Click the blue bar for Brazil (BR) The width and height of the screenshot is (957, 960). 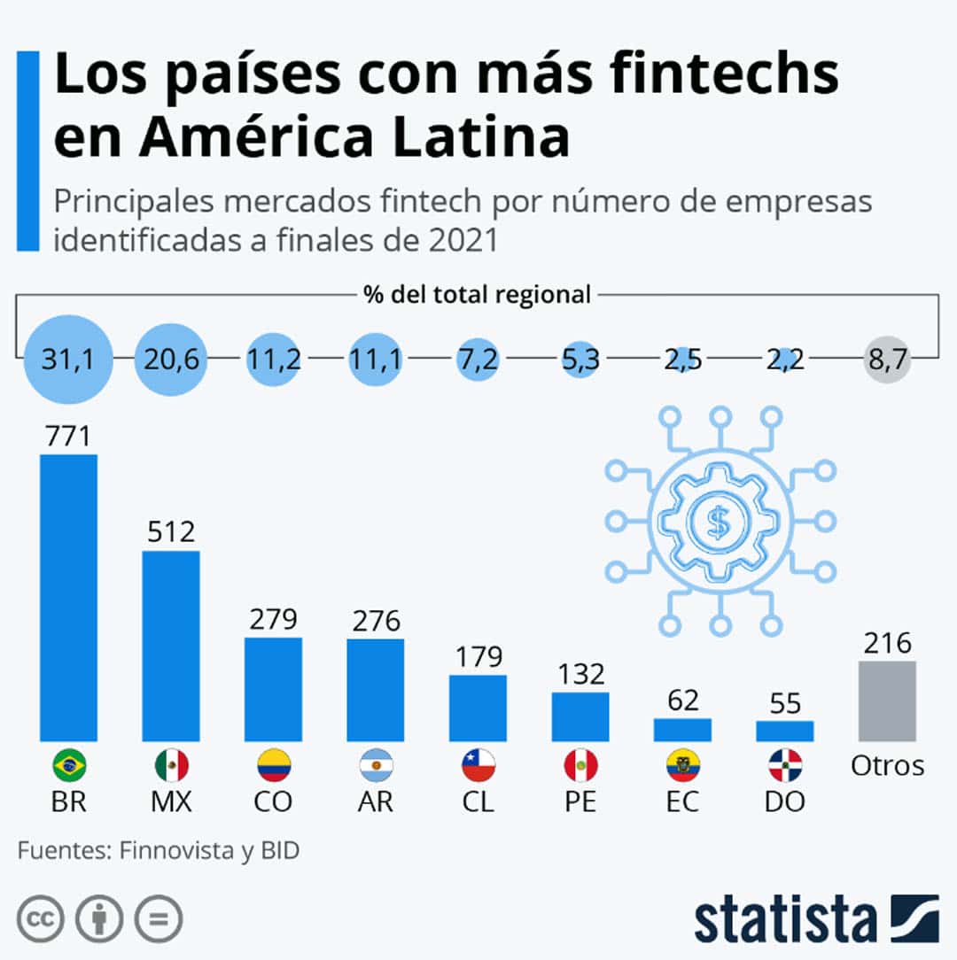pos(68,598)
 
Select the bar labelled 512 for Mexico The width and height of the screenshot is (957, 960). pos(171,646)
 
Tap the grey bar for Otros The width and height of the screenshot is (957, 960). pos(887,701)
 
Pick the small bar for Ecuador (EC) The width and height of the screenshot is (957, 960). pos(682,730)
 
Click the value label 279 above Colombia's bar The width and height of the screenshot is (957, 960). pos(273,618)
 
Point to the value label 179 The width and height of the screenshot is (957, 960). pos(478,657)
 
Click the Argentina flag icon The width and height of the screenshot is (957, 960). pos(376,764)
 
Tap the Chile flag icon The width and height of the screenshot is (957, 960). pos(478,764)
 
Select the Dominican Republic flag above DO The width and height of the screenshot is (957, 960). pos(784,764)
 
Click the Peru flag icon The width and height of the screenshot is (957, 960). pos(580,764)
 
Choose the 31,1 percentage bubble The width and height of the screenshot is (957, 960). pos(68,360)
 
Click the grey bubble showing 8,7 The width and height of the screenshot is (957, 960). pos(887,360)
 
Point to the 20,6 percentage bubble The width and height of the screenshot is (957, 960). pos(171,360)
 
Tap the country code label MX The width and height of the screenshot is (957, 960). pos(171,801)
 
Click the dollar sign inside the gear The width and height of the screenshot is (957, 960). pos(718,523)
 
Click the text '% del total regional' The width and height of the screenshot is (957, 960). pos(478,294)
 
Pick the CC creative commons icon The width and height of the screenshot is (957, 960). pos(39,919)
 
